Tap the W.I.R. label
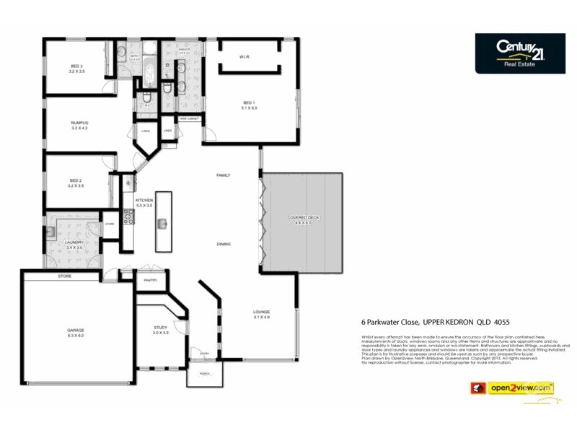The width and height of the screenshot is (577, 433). [x=245, y=57]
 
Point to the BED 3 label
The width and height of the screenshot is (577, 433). [x=76, y=66]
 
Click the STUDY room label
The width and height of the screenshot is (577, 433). [x=160, y=329]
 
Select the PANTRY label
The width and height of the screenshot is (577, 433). [x=151, y=279]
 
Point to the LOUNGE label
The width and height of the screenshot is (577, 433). [x=261, y=314]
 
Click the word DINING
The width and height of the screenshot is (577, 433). [x=224, y=244]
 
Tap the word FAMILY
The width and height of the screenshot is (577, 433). [x=224, y=175]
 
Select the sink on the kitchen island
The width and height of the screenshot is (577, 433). [x=164, y=223]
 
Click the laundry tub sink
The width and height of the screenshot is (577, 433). [x=52, y=232]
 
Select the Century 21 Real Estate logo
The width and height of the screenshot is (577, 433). [x=519, y=53]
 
